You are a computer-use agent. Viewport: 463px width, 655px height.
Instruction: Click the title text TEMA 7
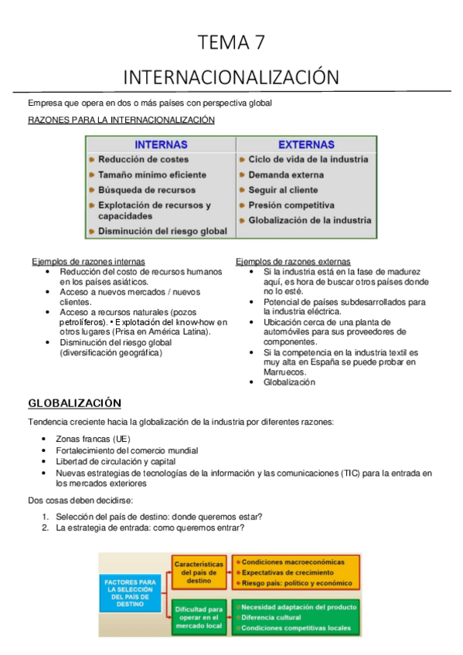click(x=231, y=43)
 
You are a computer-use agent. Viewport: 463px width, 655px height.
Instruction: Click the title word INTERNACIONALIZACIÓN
click(x=231, y=77)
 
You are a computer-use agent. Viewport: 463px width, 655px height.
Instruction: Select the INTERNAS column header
click(x=161, y=144)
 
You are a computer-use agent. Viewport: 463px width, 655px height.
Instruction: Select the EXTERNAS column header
click(x=306, y=144)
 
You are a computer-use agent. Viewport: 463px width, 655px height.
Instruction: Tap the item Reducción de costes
click(x=143, y=159)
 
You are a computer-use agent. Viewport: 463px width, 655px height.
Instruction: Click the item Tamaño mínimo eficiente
click(x=151, y=175)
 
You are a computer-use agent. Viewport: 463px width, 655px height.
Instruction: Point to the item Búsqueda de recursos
click(x=147, y=190)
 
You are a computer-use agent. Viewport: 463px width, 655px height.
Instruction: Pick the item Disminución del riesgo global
click(x=162, y=231)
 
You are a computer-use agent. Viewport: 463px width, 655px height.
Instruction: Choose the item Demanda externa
click(x=286, y=175)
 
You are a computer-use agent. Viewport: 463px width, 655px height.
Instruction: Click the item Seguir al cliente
click(x=283, y=190)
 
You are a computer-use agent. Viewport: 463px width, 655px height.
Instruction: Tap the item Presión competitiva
click(x=291, y=205)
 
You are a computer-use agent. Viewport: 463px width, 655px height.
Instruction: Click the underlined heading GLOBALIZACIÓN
click(x=75, y=403)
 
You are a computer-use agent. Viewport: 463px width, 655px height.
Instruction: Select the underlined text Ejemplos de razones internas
click(x=88, y=262)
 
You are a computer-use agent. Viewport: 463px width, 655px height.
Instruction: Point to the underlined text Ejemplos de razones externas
click(x=293, y=262)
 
